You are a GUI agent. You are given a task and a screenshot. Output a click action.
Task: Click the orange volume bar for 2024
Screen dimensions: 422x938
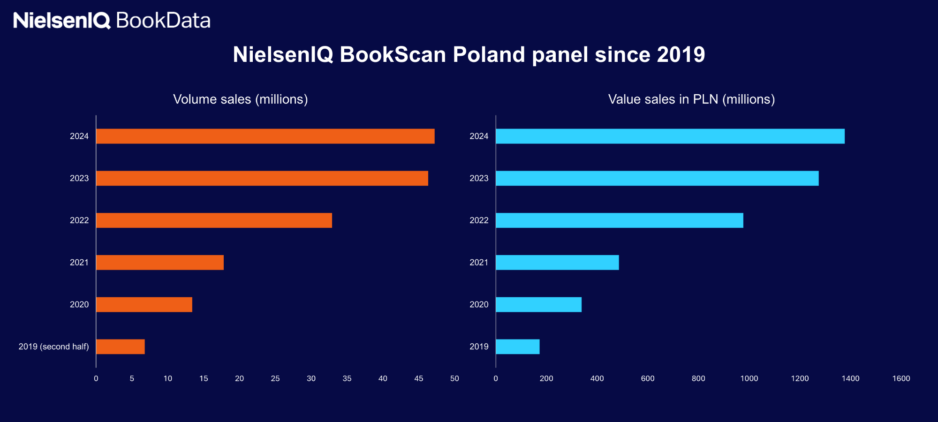pyautogui.click(x=265, y=136)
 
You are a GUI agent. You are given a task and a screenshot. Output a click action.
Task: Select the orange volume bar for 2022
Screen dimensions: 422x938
pyautogui.click(x=214, y=220)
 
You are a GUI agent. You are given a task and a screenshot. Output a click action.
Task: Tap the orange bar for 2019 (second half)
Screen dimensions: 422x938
pyautogui.click(x=120, y=347)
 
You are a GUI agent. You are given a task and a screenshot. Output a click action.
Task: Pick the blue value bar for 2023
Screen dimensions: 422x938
pyautogui.click(x=657, y=178)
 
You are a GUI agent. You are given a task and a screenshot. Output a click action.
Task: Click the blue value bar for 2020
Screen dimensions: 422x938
pyautogui.click(x=538, y=305)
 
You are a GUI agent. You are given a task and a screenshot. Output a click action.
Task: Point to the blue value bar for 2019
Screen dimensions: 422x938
pyautogui.click(x=517, y=347)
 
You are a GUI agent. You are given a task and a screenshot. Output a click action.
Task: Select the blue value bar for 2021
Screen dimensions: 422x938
pyautogui.click(x=557, y=263)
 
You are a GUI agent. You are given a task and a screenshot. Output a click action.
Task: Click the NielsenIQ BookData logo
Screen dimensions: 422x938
pyautogui.click(x=112, y=21)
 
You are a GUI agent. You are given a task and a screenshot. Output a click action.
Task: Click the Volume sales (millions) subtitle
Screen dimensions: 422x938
pyautogui.click(x=240, y=99)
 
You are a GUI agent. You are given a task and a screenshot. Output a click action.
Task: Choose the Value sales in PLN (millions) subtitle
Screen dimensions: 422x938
pyautogui.click(x=691, y=99)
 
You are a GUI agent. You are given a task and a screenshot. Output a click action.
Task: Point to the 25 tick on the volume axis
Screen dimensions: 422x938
pyautogui.click(x=275, y=378)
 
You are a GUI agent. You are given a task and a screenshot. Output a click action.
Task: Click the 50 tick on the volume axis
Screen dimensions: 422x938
pyautogui.click(x=454, y=378)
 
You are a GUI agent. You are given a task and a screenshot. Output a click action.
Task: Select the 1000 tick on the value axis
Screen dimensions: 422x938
pyautogui.click(x=749, y=378)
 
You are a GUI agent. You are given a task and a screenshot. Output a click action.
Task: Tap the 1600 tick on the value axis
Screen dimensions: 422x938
pyautogui.click(x=901, y=378)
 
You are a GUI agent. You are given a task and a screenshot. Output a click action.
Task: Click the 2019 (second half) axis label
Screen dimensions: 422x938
pyautogui.click(x=53, y=347)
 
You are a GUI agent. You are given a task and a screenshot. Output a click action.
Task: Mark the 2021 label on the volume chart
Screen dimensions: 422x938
pyautogui.click(x=79, y=263)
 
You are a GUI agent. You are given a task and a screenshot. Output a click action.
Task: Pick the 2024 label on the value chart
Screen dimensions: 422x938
pyautogui.click(x=479, y=136)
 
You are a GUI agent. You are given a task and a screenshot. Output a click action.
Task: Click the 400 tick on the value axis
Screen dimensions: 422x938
pyautogui.click(x=597, y=378)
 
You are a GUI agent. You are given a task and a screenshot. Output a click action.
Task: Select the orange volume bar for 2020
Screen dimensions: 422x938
pyautogui.click(x=144, y=305)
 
